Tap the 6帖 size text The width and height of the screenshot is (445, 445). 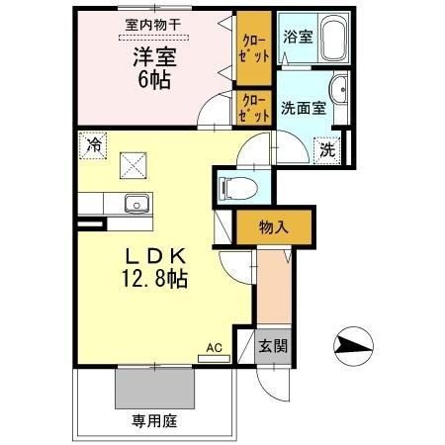(x=153, y=80)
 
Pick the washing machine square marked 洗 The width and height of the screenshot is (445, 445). (x=326, y=150)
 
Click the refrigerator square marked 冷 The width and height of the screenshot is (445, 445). (x=93, y=144)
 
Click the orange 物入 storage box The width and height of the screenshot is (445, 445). (x=273, y=227)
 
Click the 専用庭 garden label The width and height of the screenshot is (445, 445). (x=154, y=421)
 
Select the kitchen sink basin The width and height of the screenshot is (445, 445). (x=134, y=205)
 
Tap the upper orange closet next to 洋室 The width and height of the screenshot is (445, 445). (x=253, y=48)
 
